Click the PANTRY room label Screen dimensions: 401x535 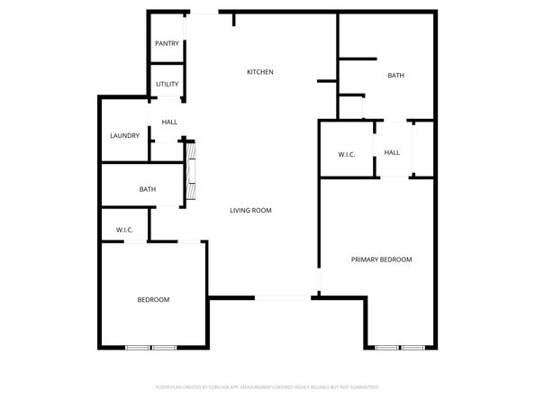point(167,43)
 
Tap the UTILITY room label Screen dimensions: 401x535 point(167,85)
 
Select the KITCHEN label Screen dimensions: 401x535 point(260,72)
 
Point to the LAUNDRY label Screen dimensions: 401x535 point(124,136)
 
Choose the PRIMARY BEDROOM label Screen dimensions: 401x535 point(381,260)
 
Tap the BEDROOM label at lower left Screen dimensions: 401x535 point(153,299)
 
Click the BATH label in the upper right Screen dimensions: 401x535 point(395,76)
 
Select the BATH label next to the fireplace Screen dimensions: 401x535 point(148,189)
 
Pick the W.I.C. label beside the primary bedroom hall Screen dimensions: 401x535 point(347,155)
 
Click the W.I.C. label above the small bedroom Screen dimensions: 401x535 point(124,231)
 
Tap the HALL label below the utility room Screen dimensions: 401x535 point(169,122)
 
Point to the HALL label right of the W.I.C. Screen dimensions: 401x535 point(392,153)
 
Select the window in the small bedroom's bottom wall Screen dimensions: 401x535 point(150,347)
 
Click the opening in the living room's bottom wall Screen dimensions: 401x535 point(283,296)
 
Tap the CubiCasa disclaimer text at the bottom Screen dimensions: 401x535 point(267,386)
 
